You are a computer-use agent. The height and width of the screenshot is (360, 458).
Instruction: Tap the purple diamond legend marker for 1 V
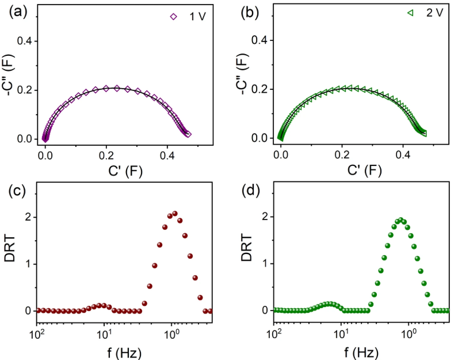click(x=173, y=17)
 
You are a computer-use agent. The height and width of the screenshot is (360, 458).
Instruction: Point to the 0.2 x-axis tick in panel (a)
click(x=106, y=156)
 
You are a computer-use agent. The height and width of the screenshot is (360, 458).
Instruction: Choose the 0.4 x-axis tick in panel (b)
click(x=402, y=156)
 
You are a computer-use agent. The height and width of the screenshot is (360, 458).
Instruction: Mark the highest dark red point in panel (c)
click(x=174, y=213)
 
